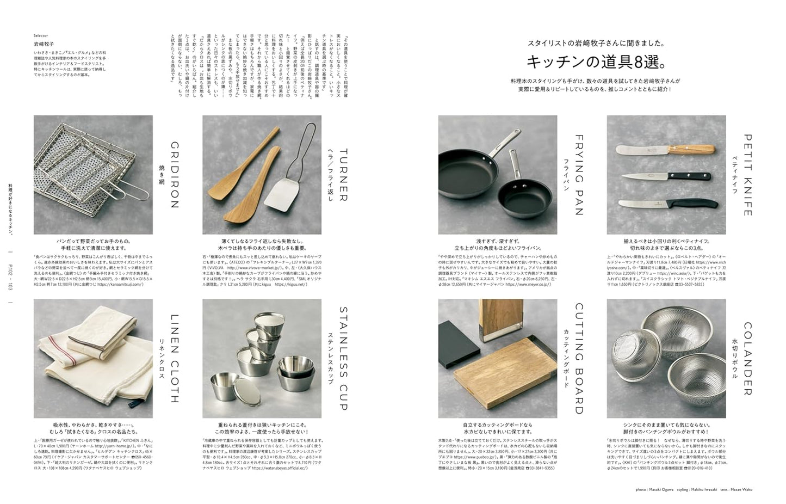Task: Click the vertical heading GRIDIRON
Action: pos(174,175)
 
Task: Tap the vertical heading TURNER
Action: pos(343,175)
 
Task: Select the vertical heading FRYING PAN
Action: pos(579,175)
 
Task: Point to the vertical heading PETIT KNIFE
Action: pos(747,175)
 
